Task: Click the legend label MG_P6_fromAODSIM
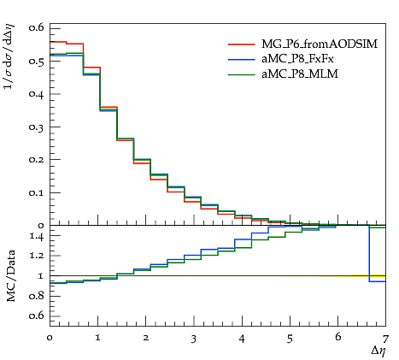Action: [x=320, y=44]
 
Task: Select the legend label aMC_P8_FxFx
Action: [x=297, y=59]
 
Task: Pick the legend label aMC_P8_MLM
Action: [x=300, y=74]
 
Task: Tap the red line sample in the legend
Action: [x=242, y=44]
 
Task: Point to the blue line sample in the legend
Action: [x=242, y=59]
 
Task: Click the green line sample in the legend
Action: [x=242, y=74]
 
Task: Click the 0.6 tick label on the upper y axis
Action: [x=36, y=28]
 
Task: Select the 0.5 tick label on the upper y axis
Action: [x=36, y=61]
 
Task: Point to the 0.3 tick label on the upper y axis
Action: [x=36, y=127]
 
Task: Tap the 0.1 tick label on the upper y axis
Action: [x=36, y=192]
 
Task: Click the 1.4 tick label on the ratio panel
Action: [x=36, y=237]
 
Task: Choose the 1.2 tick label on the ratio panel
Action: [x=36, y=256]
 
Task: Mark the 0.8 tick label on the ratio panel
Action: [x=36, y=296]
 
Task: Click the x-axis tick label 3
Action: [x=194, y=339]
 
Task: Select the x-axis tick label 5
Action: [x=290, y=339]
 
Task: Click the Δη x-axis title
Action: [x=378, y=351]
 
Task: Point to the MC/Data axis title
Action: [x=11, y=276]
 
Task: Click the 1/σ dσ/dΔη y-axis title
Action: [x=9, y=56]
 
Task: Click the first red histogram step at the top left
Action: [x=58, y=42]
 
